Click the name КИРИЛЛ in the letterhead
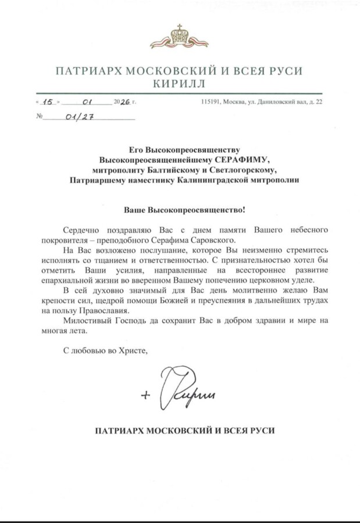(179, 84)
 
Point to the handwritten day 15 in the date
(49, 102)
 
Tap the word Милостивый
(87, 320)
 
